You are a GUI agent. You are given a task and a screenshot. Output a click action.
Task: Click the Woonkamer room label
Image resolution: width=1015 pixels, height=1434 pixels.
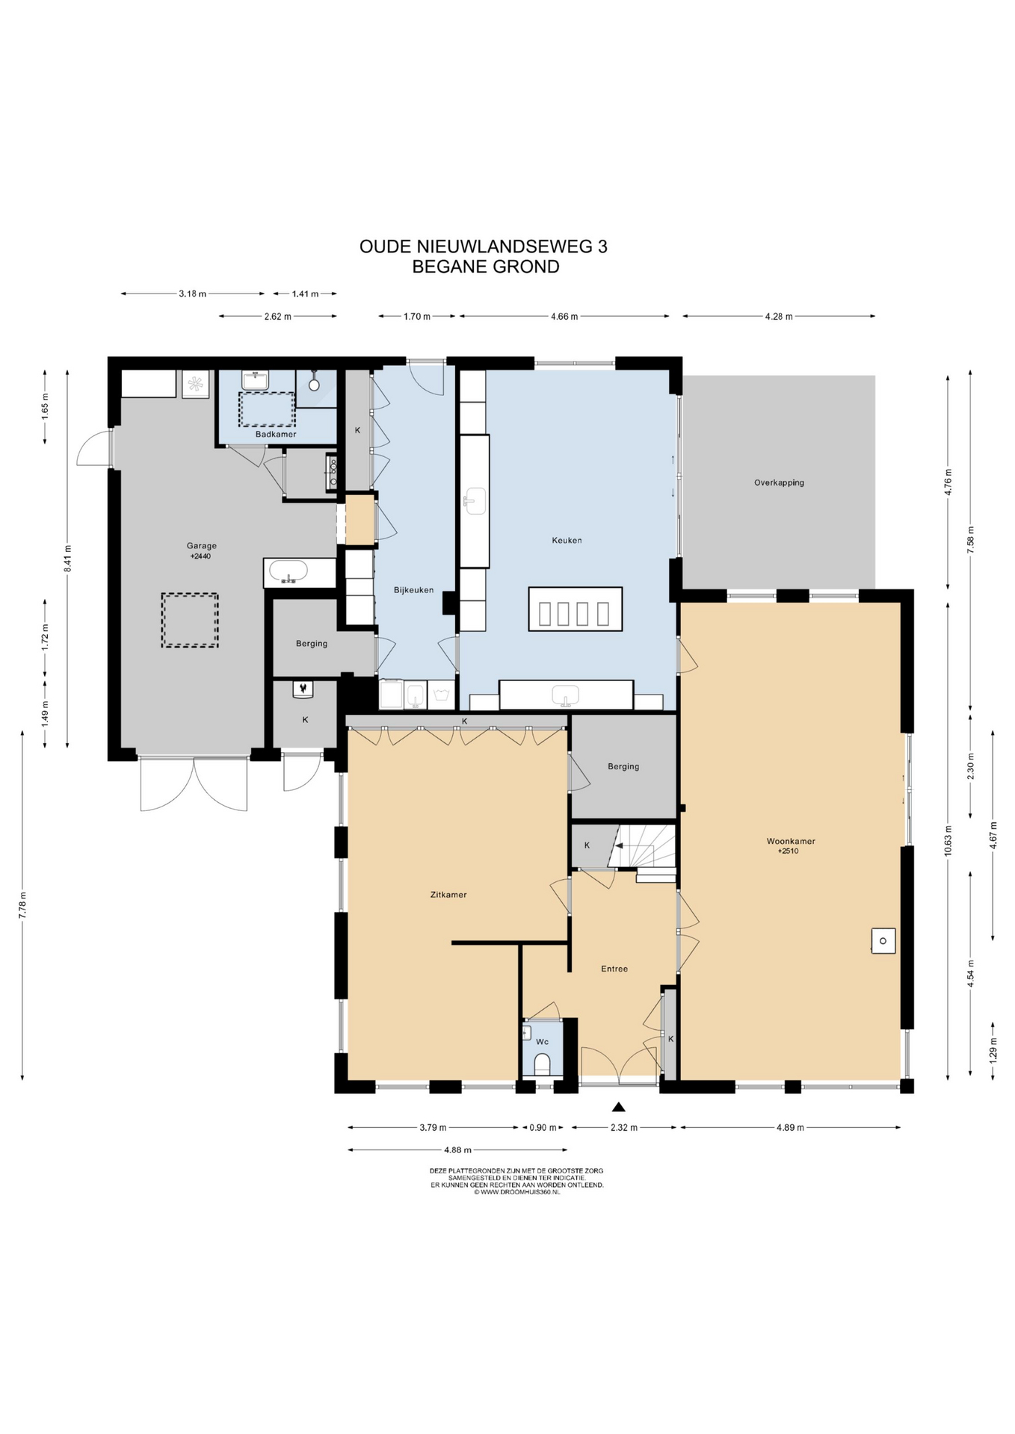791,841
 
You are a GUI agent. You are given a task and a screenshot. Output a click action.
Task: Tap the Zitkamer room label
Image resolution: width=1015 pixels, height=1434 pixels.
448,894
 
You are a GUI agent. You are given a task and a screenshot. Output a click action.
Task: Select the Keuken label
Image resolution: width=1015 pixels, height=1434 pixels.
567,540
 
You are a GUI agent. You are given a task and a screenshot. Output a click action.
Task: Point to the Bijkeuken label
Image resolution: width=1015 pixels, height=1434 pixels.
413,590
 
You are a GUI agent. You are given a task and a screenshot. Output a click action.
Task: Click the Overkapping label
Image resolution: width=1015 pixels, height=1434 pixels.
779,482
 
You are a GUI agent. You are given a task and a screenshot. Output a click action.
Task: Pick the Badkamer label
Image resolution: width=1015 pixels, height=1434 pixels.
276,434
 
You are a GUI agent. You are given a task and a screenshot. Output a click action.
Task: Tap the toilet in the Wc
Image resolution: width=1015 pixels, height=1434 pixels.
543,1064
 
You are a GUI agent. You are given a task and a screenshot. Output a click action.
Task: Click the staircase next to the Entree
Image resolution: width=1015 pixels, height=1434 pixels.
643,847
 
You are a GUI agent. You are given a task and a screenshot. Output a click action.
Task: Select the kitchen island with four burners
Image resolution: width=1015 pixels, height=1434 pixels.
575,609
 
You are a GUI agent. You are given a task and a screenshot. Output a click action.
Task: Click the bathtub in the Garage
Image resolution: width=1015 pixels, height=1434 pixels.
288,571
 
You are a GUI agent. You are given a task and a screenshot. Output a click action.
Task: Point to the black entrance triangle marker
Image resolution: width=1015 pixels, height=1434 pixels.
618,1107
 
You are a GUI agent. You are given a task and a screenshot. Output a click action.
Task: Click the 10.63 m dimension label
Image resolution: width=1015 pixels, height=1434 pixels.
948,842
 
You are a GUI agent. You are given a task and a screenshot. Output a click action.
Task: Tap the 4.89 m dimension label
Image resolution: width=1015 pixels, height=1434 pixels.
790,1127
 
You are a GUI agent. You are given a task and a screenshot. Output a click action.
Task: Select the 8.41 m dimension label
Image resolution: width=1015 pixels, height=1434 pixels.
67,558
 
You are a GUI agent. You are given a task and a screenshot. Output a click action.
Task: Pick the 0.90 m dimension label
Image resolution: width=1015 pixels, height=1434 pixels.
543,1127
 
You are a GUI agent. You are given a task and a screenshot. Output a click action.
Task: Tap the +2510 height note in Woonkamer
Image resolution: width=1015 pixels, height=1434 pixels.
788,851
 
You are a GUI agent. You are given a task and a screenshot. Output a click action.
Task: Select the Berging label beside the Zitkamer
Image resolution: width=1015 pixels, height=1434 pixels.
623,766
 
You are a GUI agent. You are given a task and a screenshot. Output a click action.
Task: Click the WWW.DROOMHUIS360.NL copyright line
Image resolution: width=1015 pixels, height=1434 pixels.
516,1193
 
